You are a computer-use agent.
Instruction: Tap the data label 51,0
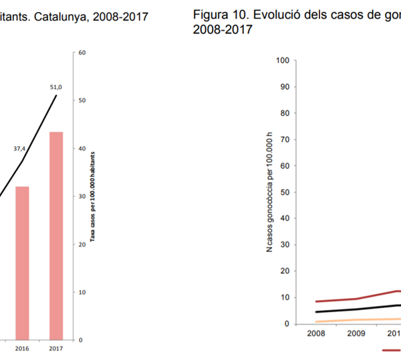(56, 87)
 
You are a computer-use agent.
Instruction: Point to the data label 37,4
(19, 149)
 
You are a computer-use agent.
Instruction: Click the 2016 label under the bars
(21, 348)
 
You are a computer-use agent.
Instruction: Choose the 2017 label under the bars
(56, 348)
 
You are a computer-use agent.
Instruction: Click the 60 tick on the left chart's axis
(82, 52)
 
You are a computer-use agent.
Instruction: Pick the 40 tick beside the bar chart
(82, 148)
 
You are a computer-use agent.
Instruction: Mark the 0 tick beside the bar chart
(80, 340)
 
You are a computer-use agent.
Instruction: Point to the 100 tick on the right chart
(281, 61)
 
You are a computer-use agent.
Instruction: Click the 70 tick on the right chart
(283, 140)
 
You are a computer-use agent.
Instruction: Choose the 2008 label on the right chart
(317, 335)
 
